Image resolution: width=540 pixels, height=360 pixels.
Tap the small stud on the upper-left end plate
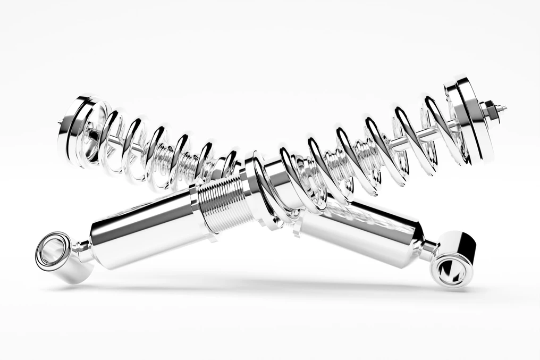coord(60,123)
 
